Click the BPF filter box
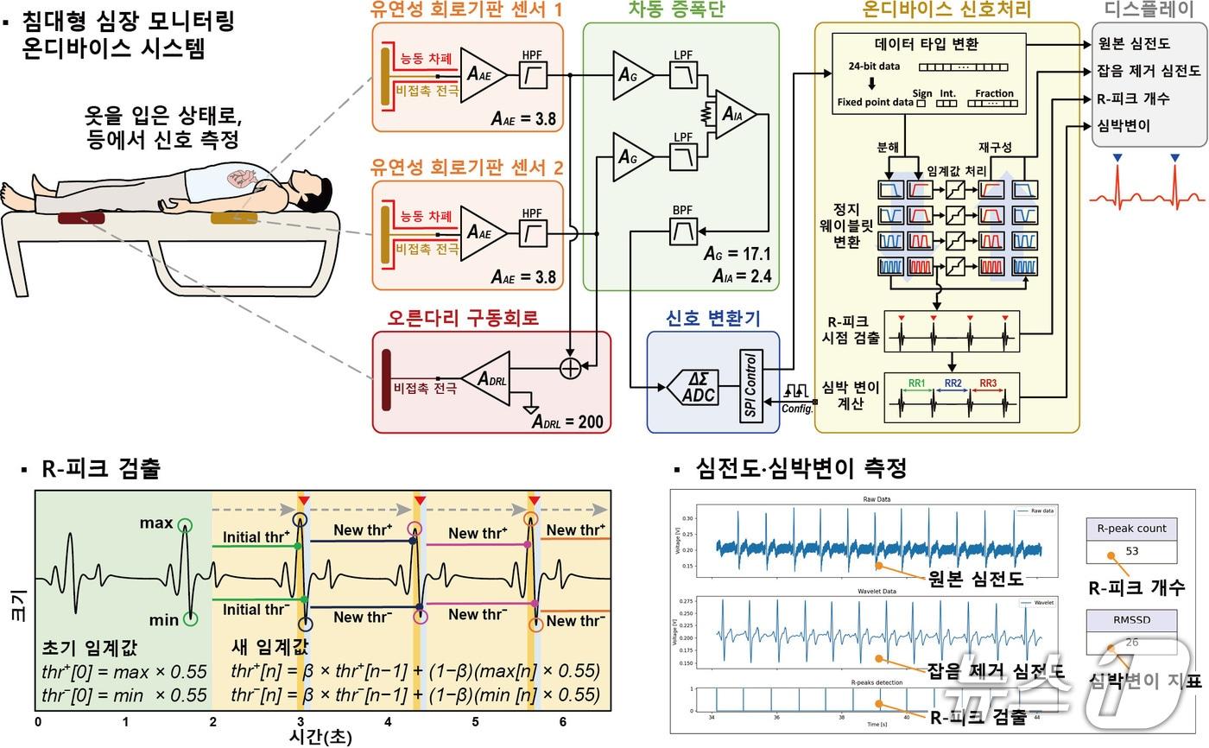pyautogui.click(x=684, y=231)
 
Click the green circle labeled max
pyautogui.click(x=184, y=524)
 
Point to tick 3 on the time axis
pyautogui.click(x=300, y=721)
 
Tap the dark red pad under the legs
pyautogui.click(x=81, y=218)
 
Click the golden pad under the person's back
pyautogui.click(x=233, y=218)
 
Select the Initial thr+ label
pyautogui.click(x=256, y=537)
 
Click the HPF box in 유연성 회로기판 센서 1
pyautogui.click(x=533, y=78)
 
